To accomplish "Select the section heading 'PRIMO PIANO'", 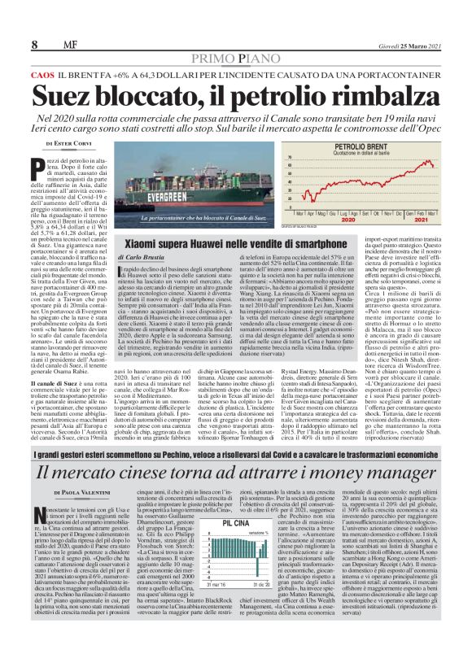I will (237, 59).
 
